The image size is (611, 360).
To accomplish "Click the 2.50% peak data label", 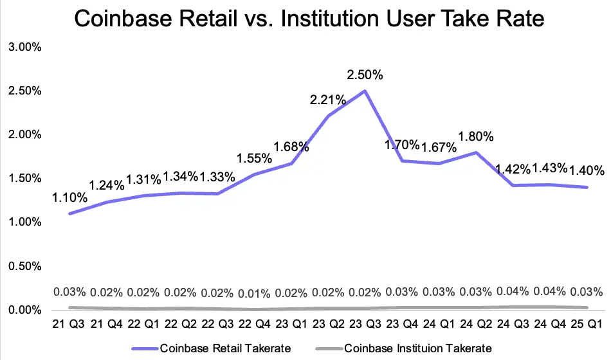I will point(365,75).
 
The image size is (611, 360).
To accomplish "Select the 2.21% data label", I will point(328,100).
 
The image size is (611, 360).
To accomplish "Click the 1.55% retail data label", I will point(255,158).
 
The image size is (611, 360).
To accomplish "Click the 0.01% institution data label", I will point(255,294).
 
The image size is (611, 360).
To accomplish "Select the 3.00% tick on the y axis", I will point(23,47).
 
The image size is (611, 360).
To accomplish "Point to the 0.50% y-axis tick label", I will point(23,266).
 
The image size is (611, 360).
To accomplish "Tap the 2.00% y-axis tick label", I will point(23,135).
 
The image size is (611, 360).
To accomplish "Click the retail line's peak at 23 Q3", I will point(365,91).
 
